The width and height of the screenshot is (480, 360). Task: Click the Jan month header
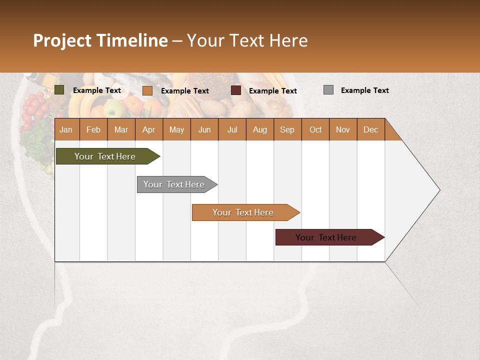pos(66,129)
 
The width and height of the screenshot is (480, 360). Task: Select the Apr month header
pos(148,129)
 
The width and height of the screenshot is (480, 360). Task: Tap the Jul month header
pos(232,129)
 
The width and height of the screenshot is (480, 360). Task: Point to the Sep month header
pos(287,129)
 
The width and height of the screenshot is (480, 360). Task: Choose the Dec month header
pos(370,129)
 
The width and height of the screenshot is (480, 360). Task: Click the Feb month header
pos(93,129)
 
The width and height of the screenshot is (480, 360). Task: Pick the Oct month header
pos(315,129)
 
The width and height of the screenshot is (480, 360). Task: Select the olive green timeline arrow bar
pos(105,156)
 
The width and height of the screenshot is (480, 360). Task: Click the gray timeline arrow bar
pos(174,184)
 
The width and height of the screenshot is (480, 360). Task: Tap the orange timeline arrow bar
pos(243,212)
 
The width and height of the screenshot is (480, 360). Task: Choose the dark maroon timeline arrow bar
pos(326,237)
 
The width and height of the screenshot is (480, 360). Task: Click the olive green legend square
pos(59,90)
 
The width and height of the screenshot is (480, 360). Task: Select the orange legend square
pos(147,90)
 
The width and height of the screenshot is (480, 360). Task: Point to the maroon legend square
pos(236,90)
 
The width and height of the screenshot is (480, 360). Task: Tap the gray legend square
pos(328,90)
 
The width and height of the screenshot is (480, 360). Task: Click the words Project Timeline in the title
pos(100,40)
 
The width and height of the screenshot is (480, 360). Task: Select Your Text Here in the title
pos(247,40)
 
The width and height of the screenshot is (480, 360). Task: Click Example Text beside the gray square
pos(364,90)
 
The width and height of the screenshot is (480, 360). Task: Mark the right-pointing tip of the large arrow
pos(438,190)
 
